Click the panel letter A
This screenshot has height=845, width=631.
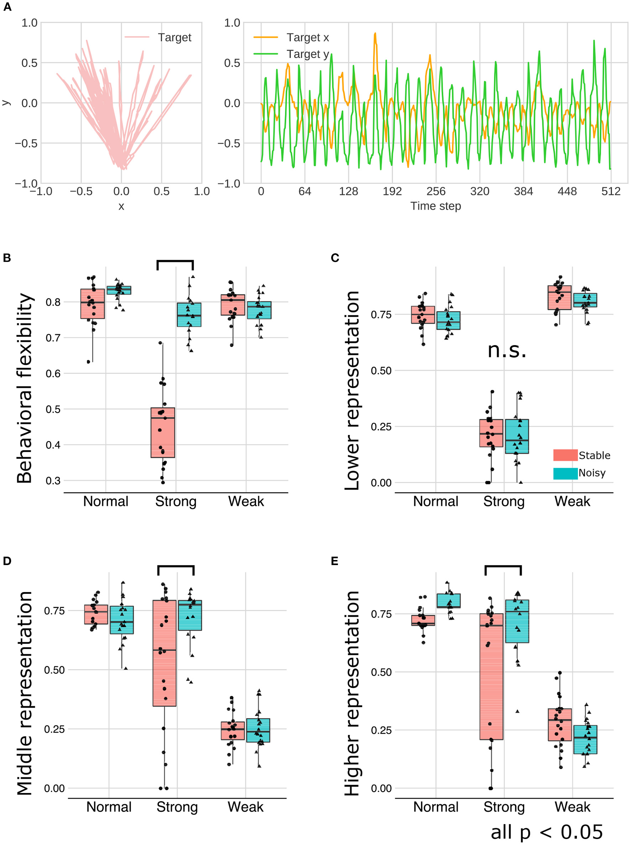click(x=7, y=7)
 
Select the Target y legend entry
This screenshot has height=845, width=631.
click(x=307, y=54)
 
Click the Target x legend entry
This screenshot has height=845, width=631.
click(x=307, y=37)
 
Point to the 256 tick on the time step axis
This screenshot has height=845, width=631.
click(x=436, y=191)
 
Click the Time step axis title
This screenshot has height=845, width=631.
click(x=436, y=206)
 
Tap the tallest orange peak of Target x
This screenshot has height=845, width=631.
click(x=375, y=33)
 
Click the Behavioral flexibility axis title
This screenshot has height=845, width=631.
click(x=25, y=388)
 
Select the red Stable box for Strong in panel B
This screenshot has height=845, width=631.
click(x=163, y=432)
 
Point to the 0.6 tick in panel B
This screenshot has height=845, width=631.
click(x=53, y=374)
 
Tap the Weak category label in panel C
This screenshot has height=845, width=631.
click(x=572, y=502)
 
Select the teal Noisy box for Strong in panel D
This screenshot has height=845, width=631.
click(x=190, y=615)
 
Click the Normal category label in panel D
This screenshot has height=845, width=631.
click(x=109, y=807)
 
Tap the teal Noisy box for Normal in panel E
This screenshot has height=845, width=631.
click(x=448, y=601)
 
